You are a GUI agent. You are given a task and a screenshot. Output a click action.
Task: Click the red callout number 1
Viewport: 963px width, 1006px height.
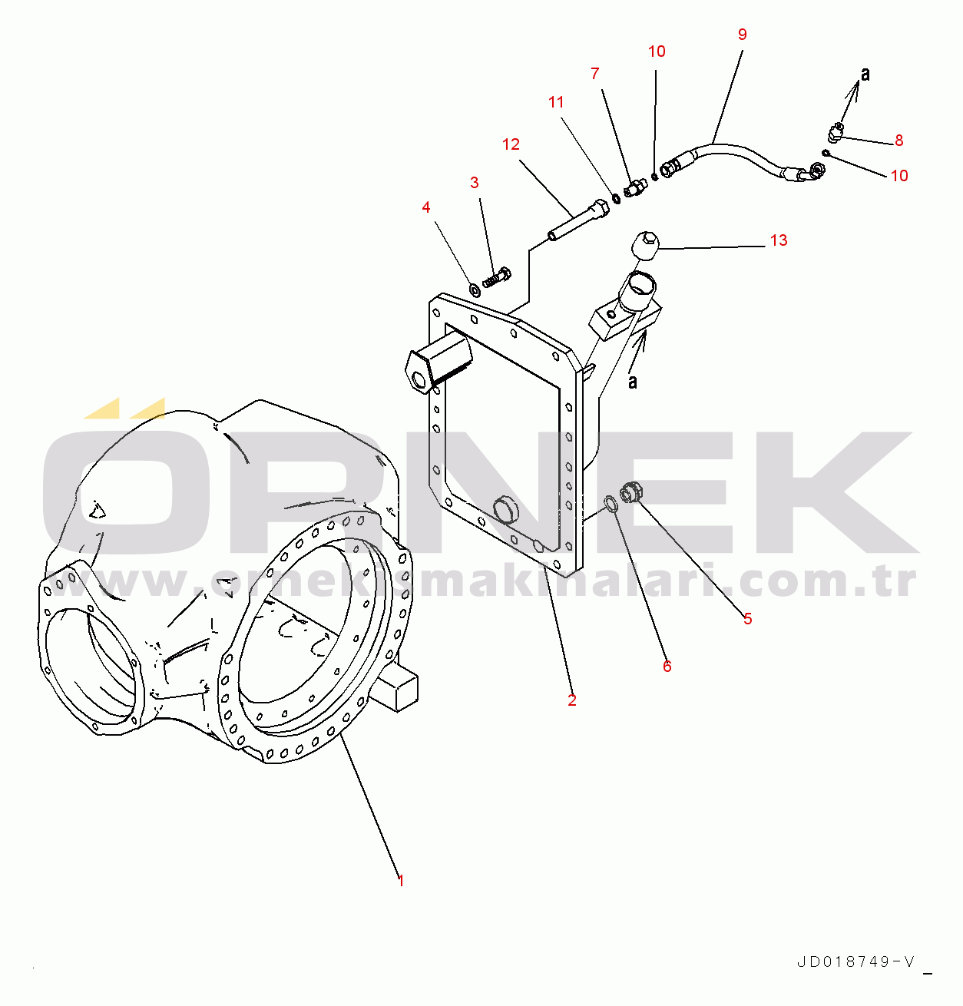tap(401, 880)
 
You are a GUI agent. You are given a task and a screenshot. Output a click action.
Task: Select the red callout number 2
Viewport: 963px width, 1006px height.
tap(571, 700)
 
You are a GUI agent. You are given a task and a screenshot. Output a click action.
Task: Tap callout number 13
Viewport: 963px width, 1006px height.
tap(779, 240)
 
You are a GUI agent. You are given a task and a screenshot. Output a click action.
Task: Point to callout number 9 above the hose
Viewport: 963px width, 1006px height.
tap(743, 34)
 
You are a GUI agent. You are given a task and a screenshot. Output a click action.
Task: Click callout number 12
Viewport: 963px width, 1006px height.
tap(511, 144)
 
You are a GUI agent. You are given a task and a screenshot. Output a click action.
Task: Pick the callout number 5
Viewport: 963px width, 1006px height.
tap(747, 618)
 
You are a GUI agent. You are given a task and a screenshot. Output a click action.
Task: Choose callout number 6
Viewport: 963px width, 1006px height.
tap(667, 666)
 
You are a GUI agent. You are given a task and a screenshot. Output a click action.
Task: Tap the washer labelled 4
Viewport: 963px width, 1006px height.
tap(474, 290)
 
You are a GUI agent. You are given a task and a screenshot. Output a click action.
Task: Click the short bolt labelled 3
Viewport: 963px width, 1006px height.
tap(497, 277)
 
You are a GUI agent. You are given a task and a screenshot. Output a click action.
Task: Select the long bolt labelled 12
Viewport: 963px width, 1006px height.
tap(578, 220)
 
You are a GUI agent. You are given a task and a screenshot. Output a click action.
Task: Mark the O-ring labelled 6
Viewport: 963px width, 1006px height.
tap(611, 505)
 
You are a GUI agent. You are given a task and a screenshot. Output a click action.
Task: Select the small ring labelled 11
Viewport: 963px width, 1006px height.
tap(616, 198)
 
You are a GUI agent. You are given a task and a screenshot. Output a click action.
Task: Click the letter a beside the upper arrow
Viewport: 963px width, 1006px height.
tap(865, 75)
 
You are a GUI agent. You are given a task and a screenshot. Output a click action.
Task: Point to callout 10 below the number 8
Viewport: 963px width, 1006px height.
tap(899, 176)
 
